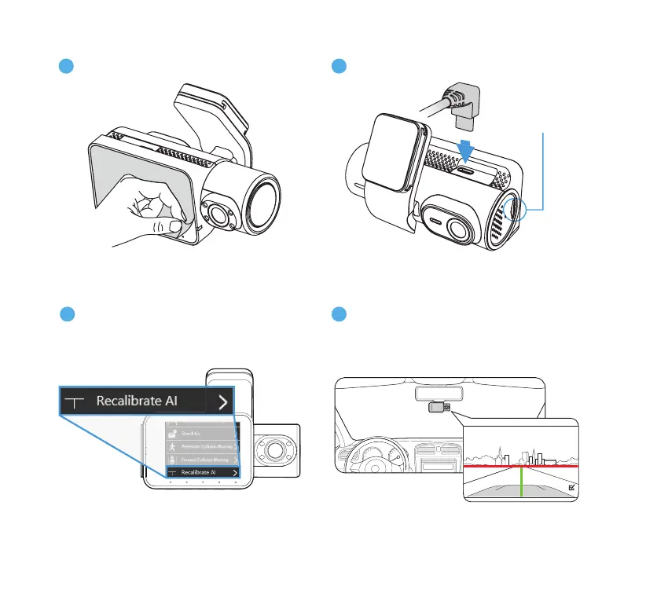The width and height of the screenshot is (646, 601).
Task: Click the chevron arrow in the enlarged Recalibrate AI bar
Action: point(223,402)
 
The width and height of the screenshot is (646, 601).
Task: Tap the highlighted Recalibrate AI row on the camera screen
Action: point(202,473)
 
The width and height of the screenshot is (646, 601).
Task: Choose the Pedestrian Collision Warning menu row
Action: point(202,446)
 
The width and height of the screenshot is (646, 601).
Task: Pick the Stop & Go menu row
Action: point(202,432)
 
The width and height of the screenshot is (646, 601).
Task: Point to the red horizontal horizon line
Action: point(519,466)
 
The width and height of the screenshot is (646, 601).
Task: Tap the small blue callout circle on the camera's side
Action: point(516,210)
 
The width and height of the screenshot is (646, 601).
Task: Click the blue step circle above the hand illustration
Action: point(66,65)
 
